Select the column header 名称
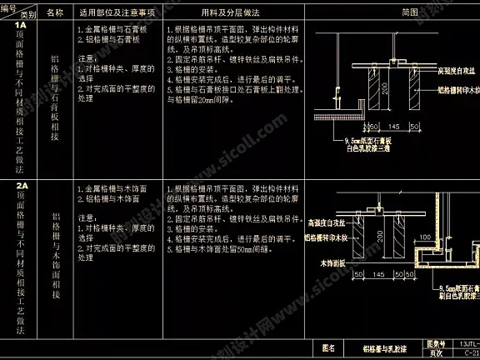(x=54, y=13)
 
